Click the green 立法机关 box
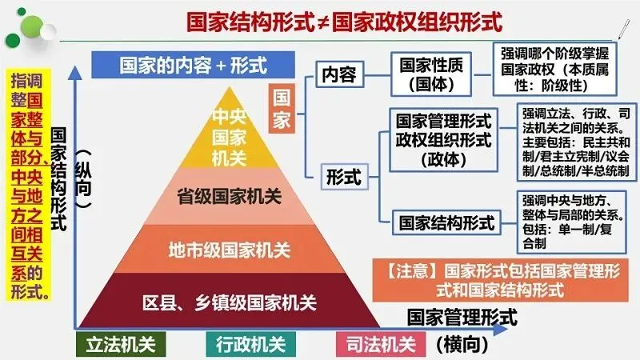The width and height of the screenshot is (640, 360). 121,345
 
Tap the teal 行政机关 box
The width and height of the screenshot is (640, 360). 250,345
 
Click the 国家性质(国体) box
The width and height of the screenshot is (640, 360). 431,72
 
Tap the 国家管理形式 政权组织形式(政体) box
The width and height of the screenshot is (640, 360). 442,139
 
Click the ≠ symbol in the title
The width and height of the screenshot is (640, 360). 320,18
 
